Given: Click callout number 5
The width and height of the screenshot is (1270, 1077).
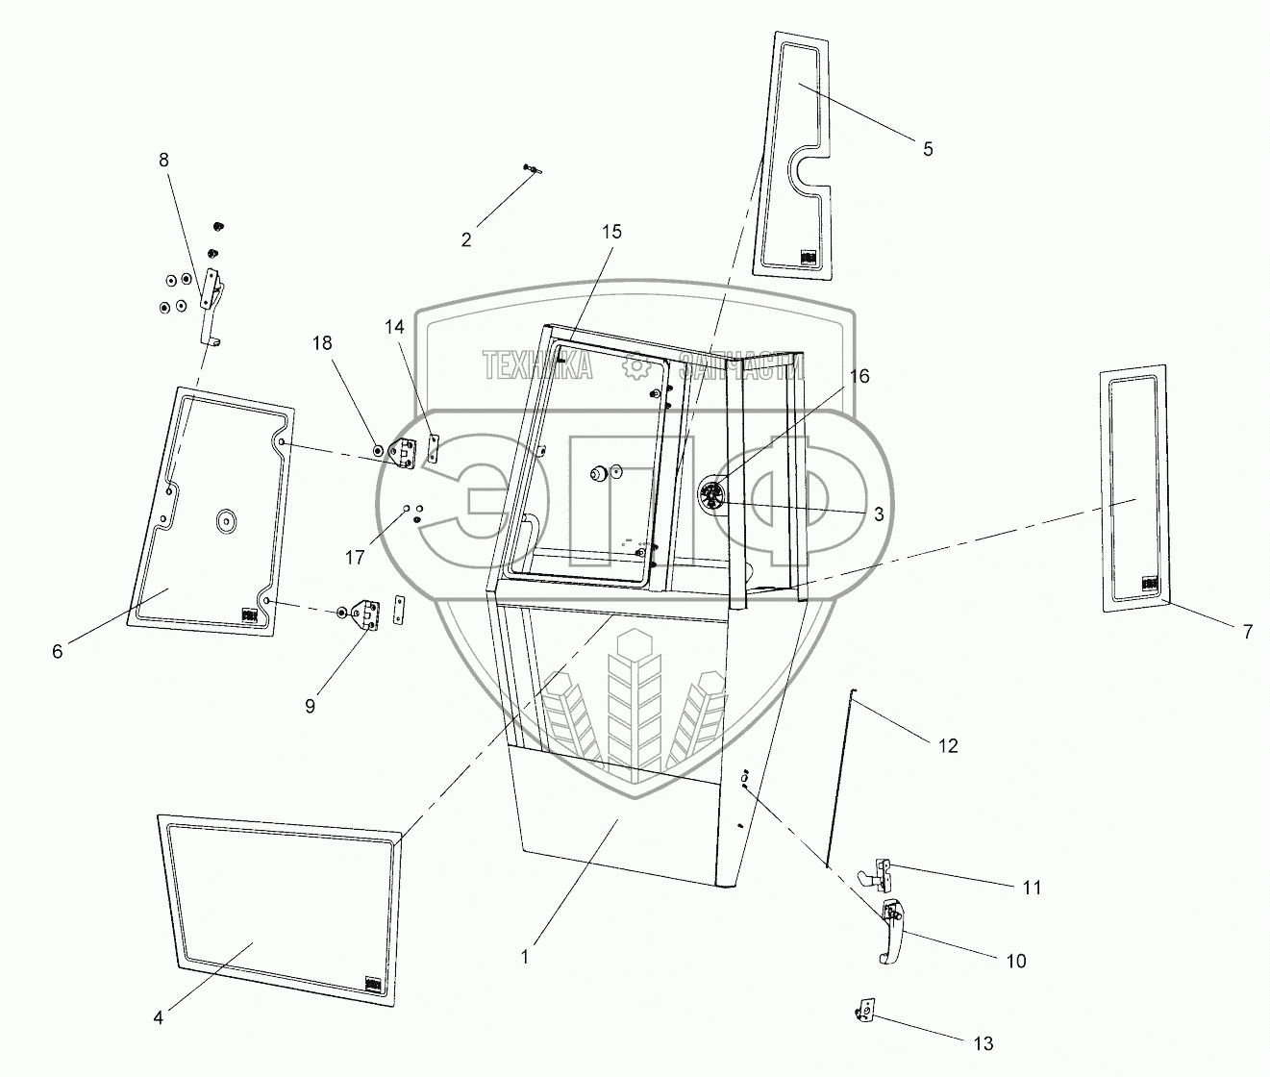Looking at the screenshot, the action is tap(928, 149).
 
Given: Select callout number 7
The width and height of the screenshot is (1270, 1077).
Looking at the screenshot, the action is tap(1248, 632).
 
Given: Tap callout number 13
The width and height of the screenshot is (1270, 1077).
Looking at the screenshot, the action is tap(983, 1043).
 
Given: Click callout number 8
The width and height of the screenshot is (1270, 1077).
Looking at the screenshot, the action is tap(163, 161).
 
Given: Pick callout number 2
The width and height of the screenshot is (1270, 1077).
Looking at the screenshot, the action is tap(466, 239).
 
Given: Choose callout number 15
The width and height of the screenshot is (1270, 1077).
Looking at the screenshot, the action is tap(612, 232).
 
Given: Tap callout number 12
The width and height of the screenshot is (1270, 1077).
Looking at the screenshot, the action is tap(949, 745).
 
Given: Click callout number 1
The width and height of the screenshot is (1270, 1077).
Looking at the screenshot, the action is tap(525, 957).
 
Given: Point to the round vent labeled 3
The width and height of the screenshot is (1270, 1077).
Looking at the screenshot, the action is tap(712, 496).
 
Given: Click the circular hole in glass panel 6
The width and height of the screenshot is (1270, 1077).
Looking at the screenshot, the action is tap(227, 520).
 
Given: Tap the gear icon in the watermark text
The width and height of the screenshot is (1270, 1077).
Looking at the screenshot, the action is tap(635, 365).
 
